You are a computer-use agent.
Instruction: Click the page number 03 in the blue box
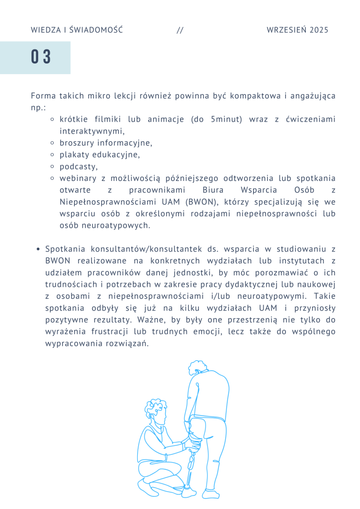point(41,57)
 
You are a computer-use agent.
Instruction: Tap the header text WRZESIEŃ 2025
point(297,30)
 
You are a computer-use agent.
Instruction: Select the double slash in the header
point(180,30)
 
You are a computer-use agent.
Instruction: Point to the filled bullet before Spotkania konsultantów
point(38,249)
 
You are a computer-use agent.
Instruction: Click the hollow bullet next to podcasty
point(53,167)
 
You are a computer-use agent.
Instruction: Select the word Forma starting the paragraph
point(43,95)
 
